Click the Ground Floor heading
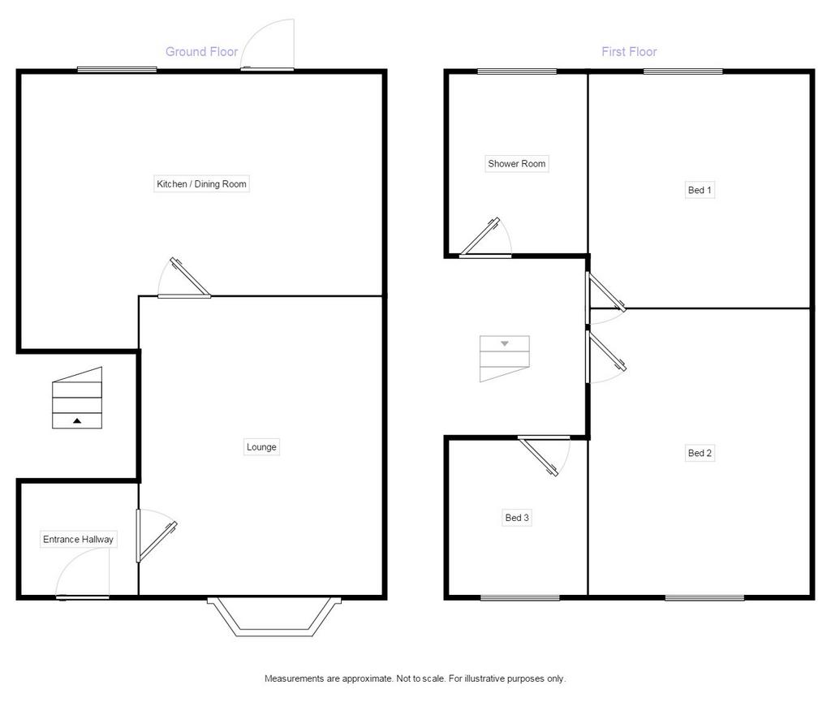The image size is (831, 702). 201,51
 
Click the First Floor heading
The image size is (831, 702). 629,51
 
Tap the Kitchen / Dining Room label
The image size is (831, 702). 201,184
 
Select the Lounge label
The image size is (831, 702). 261,446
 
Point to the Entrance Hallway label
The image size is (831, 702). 78,540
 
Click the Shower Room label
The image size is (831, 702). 517,164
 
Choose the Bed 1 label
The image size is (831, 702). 700,190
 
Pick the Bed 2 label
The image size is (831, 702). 700,453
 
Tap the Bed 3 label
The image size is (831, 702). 517,518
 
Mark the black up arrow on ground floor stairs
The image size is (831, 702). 77,420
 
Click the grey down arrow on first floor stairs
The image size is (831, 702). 505,344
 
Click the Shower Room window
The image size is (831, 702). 517,71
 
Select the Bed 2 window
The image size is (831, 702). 705,597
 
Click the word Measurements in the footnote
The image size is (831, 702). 295,678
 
